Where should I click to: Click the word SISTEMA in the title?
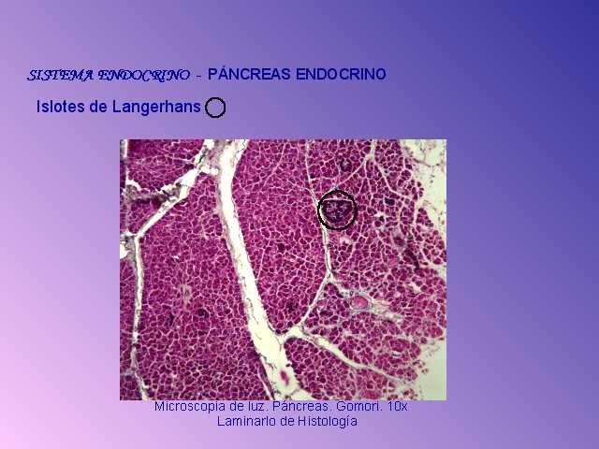tap(60, 75)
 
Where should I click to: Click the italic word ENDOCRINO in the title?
tap(143, 75)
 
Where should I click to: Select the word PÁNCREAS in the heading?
tap(249, 74)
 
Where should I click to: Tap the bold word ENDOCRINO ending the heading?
tap(341, 74)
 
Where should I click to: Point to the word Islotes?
tap(61, 107)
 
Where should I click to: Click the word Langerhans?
tap(156, 107)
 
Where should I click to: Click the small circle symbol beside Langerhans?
tap(215, 108)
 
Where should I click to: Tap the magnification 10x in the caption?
tap(397, 406)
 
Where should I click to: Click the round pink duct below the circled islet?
tap(359, 302)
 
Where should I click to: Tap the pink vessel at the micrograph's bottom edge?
tap(285, 377)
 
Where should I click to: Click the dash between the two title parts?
tap(198, 77)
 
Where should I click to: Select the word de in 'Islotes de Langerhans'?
tap(98, 107)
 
